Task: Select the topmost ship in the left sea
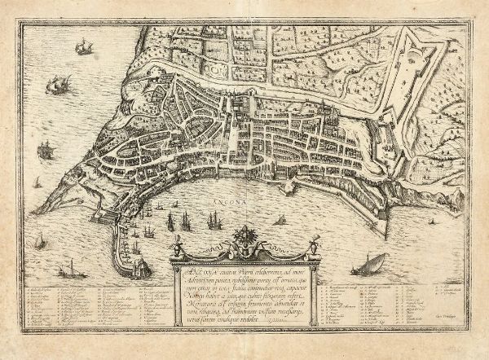81,48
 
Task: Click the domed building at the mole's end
140,266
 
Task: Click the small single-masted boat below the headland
40,241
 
